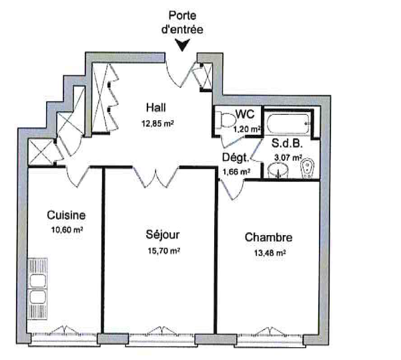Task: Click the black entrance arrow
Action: (x=182, y=45)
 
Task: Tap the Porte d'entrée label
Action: (x=182, y=23)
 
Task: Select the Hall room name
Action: (x=156, y=108)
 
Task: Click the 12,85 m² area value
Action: (x=157, y=124)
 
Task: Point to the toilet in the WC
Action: (x=226, y=120)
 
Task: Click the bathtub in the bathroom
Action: (x=288, y=124)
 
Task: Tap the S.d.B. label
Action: (x=287, y=144)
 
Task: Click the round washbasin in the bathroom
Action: (x=278, y=170)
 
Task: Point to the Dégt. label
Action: (x=236, y=158)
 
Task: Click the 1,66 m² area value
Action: (x=236, y=172)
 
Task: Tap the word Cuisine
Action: (x=66, y=215)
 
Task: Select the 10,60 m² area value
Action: (x=67, y=230)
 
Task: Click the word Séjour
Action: (x=163, y=235)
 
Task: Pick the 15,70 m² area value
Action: (x=163, y=250)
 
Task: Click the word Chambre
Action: (x=268, y=237)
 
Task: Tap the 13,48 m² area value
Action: (x=270, y=253)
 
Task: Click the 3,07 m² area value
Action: (x=288, y=158)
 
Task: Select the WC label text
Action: (x=245, y=114)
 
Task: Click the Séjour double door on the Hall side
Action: (x=155, y=177)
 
